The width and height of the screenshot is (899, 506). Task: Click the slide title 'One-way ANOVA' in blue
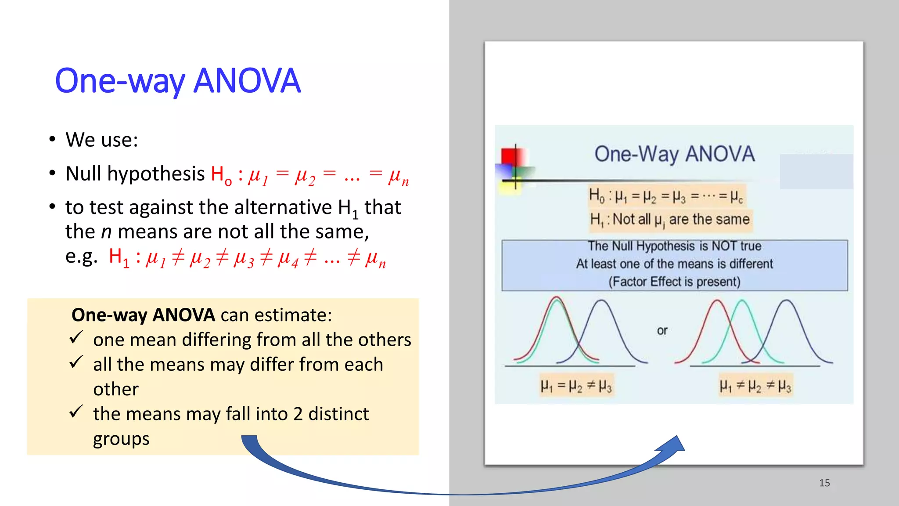click(178, 81)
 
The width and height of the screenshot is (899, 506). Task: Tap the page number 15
click(824, 483)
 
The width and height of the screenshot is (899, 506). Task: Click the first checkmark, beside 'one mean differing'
click(76, 337)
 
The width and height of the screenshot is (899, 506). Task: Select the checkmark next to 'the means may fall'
click(76, 412)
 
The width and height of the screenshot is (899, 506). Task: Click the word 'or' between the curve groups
click(662, 330)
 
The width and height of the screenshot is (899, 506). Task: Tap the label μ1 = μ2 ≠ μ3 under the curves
click(576, 386)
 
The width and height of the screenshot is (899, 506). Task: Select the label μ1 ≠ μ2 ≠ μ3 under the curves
click(755, 386)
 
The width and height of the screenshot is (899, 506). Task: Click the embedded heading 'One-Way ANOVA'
click(674, 154)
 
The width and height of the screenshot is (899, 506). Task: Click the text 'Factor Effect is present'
click(674, 282)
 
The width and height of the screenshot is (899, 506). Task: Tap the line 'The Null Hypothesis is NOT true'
click(674, 246)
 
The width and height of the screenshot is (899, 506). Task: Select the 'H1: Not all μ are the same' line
click(670, 219)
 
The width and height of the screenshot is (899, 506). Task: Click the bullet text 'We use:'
click(102, 140)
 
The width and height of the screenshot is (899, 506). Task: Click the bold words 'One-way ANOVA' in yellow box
click(143, 315)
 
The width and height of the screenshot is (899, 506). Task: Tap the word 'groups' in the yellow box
click(121, 439)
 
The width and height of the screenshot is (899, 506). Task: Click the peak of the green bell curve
click(741, 300)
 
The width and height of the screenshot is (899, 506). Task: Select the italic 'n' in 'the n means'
click(106, 232)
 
